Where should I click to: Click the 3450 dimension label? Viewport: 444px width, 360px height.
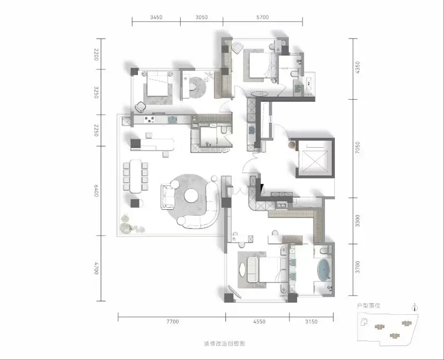[x=156, y=17]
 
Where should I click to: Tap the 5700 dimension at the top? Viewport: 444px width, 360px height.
[x=262, y=17]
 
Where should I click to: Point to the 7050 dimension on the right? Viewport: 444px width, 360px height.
[x=357, y=148]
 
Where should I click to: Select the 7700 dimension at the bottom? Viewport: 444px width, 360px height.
[x=173, y=321]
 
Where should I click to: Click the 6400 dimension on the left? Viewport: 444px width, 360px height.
[x=96, y=190]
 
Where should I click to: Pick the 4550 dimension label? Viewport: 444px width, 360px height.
[x=259, y=321]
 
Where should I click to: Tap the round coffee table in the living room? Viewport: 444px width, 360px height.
[x=191, y=196]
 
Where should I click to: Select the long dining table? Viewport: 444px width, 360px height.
[x=135, y=176]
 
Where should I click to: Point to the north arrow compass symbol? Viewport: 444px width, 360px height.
[x=415, y=307]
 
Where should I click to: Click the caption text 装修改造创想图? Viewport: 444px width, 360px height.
[x=224, y=344]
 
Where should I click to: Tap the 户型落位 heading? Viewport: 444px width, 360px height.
[x=368, y=305]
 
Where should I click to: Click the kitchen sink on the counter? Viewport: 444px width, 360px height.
[x=172, y=120]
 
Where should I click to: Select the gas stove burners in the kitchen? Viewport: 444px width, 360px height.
[x=150, y=120]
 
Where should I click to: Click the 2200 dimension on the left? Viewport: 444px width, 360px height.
[x=96, y=55]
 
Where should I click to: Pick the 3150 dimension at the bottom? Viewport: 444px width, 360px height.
[x=311, y=321]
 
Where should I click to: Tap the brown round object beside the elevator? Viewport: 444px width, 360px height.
[x=292, y=145]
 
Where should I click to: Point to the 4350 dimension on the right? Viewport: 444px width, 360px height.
[x=357, y=68]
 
